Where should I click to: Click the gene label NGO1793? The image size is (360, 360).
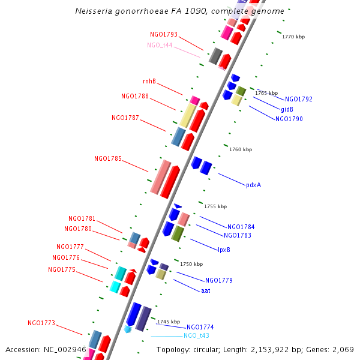[x=164, y=34]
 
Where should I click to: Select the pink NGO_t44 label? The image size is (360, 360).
[x=160, y=45]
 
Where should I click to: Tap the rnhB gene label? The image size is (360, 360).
[x=149, y=81]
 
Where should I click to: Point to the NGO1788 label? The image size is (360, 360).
[x=135, y=96]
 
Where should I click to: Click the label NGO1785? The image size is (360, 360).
[x=108, y=159]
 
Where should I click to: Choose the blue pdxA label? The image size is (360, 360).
[x=253, y=185]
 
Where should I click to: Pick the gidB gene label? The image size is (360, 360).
[x=287, y=109]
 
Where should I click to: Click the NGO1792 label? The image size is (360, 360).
[x=299, y=99]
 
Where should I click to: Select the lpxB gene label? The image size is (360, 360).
[x=224, y=250]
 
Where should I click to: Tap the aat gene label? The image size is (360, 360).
[x=206, y=290]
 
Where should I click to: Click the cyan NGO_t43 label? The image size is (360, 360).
[x=196, y=336]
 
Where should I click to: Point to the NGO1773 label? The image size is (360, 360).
[x=41, y=323]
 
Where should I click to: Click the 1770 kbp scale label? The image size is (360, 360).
[x=293, y=37]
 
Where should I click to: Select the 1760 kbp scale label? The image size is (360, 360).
[x=241, y=149]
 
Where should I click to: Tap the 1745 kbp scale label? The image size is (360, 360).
[x=169, y=322]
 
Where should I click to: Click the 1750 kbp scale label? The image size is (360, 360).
[x=191, y=264]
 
